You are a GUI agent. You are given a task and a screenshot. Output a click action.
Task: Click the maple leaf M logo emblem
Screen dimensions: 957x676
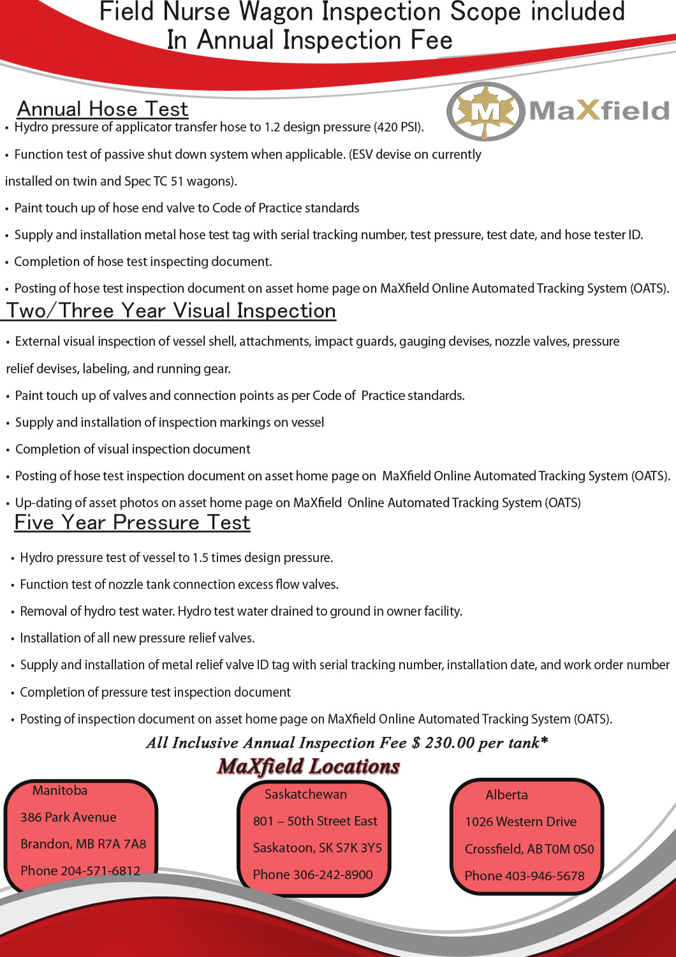(486, 112)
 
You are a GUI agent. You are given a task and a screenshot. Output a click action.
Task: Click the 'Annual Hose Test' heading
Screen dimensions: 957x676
(103, 109)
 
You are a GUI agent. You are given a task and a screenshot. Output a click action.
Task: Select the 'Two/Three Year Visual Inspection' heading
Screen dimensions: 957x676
(171, 311)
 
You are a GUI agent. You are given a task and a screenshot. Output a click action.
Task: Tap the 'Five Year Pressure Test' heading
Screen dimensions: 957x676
(132, 523)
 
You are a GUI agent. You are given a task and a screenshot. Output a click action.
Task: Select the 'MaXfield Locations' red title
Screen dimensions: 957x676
(309, 766)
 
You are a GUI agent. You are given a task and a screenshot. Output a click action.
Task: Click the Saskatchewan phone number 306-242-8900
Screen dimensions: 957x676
(333, 875)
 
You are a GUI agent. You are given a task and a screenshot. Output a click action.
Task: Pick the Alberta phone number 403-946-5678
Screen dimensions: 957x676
(545, 876)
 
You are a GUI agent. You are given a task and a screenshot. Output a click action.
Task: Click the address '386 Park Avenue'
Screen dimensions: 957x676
(68, 817)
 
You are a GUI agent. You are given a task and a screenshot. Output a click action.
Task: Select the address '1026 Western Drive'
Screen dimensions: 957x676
(520, 822)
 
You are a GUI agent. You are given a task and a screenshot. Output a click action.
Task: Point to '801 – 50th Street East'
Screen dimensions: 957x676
(315, 821)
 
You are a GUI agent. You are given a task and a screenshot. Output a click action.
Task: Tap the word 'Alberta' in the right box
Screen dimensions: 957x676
(506, 795)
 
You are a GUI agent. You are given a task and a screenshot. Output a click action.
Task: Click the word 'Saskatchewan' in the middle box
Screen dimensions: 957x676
(305, 794)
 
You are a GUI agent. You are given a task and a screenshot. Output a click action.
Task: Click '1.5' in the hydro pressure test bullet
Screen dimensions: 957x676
(200, 558)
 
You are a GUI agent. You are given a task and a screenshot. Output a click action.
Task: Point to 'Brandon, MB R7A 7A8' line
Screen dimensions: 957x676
(83, 844)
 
